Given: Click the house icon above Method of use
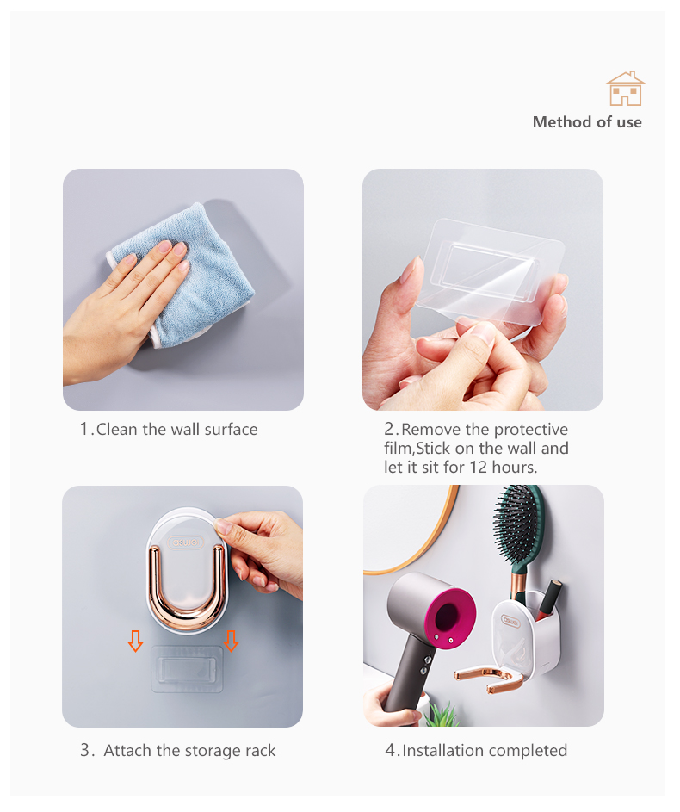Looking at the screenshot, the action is click(x=626, y=89).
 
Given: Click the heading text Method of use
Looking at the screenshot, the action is click(x=587, y=122).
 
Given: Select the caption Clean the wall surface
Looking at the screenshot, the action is click(x=176, y=430).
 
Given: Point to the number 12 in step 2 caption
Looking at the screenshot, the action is click(x=479, y=467).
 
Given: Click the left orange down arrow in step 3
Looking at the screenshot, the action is click(x=136, y=641).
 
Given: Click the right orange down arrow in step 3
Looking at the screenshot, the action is click(x=231, y=641).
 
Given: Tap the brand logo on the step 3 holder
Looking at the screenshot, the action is click(x=186, y=542).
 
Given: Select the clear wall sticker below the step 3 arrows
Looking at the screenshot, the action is click(x=187, y=668).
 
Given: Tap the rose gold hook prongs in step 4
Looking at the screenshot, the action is click(x=489, y=679).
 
